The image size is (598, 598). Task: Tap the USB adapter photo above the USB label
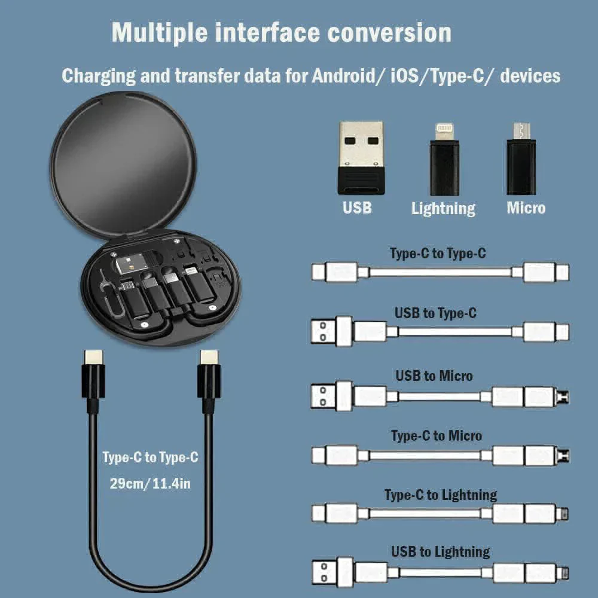pos(361,157)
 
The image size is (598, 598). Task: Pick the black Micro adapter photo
pos(521,160)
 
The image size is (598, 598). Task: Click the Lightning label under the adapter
pos(443,208)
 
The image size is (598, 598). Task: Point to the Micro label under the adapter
pos(526,208)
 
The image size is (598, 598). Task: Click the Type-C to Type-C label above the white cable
pos(438,253)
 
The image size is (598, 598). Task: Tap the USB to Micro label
pos(434,376)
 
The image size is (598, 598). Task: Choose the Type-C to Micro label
pos(437,435)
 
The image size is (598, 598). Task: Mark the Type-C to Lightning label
pos(441,495)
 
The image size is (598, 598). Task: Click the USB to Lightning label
pos(441,551)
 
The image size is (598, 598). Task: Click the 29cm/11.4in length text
pos(150,483)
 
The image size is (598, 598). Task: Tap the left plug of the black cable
pos(93,377)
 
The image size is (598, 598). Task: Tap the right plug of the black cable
pos(209,377)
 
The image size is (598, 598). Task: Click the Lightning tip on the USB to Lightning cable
pos(563,572)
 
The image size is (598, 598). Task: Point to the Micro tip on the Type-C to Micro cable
pos(563,456)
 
